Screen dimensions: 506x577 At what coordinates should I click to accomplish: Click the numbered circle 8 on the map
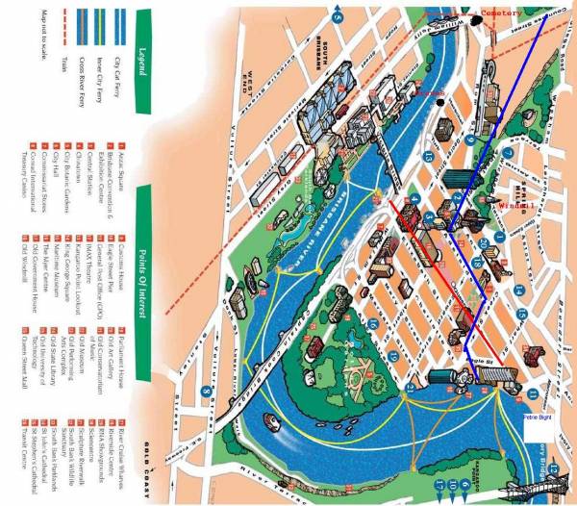coord(206,392)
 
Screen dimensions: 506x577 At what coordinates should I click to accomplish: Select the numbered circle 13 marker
coord(427,154)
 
